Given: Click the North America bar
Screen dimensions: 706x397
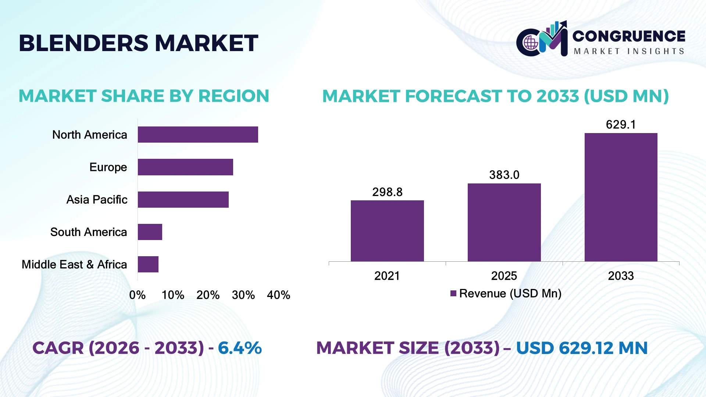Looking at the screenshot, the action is coord(198,135).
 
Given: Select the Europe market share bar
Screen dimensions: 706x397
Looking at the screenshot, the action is coord(185,167).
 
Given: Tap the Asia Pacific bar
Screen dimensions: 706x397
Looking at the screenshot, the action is coord(183,200).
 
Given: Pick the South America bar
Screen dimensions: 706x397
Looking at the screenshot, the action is coord(150,232).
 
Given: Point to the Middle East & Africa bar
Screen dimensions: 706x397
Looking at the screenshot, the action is coord(148,264).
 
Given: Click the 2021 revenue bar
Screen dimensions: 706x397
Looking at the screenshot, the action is coord(387,231).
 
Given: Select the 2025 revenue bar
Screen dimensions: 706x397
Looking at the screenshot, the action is coord(504,222).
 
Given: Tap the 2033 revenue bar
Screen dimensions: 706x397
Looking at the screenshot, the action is coord(621,197).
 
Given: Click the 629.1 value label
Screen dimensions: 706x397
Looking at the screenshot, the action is coord(621,125).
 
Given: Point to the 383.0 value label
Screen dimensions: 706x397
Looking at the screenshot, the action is coord(504,175).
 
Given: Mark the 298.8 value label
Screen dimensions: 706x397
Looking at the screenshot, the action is coord(387,192).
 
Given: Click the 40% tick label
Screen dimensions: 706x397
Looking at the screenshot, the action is coord(279,295).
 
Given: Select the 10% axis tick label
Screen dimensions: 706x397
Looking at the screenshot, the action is coord(173,295).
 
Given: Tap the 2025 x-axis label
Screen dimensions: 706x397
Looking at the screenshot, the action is coord(504,276).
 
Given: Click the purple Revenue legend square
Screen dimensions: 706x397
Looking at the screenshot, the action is coord(453,293).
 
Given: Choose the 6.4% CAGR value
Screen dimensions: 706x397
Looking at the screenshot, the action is coord(240,348).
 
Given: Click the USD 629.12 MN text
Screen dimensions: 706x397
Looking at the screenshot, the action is coord(582,348).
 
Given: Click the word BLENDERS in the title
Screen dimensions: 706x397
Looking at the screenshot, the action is coord(84,43).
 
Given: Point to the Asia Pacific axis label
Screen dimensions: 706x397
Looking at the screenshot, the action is coord(97,200).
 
